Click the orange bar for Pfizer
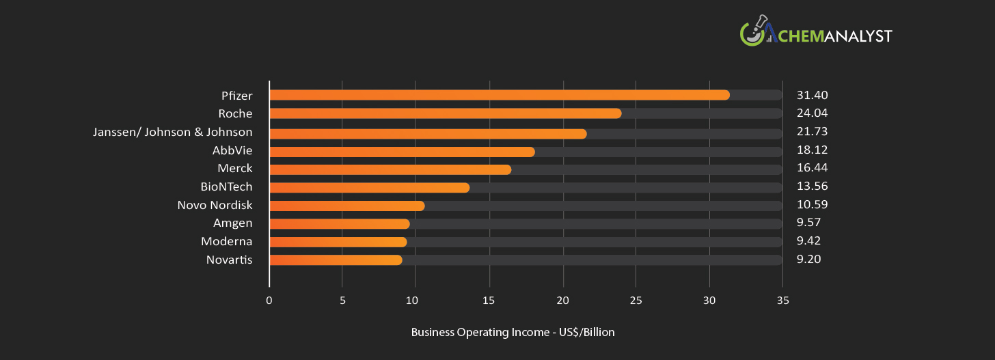[x=499, y=95]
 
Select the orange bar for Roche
[x=445, y=113]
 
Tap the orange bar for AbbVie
[x=402, y=152]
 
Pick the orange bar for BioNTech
[x=369, y=187]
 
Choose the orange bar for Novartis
[x=336, y=260]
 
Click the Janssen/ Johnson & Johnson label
[x=172, y=132]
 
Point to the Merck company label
[x=235, y=168]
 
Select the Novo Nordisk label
[x=215, y=205]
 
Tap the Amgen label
[x=232, y=223]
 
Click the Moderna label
[x=226, y=241]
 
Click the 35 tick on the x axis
[x=782, y=301]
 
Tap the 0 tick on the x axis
[x=269, y=301]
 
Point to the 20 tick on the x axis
[x=562, y=301]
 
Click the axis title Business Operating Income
[x=513, y=333]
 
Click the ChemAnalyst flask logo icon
[x=752, y=33]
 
